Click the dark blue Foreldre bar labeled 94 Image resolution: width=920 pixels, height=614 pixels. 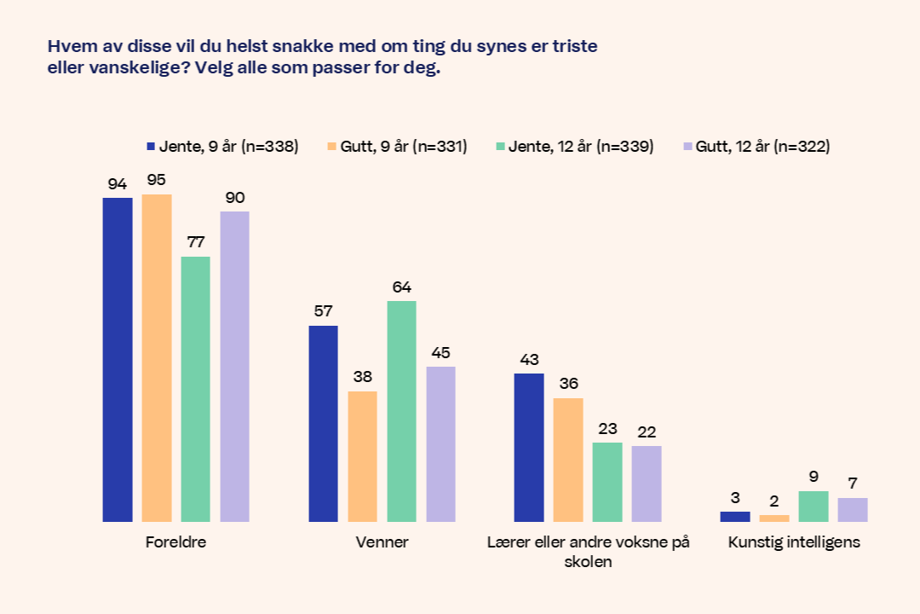click(x=118, y=359)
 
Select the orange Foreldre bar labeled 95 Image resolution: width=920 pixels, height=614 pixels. click(x=157, y=357)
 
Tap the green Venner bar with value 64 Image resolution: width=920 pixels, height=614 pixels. click(x=401, y=410)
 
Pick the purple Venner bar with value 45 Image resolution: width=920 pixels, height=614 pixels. click(x=440, y=443)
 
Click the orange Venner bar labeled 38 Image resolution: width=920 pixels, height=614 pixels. click(x=363, y=456)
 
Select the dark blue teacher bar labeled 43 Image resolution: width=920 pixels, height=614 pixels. click(x=529, y=447)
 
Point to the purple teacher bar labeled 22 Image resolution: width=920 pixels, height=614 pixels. click(x=647, y=483)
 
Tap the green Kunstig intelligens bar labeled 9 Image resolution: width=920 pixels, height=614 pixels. click(x=813, y=506)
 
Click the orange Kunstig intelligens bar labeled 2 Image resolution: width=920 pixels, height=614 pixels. click(x=773, y=518)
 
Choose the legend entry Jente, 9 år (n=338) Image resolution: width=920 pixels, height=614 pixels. click(x=222, y=147)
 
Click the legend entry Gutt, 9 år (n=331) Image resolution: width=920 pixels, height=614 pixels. click(x=397, y=147)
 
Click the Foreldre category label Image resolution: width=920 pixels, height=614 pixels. click(x=176, y=542)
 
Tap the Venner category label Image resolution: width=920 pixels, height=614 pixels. click(x=382, y=542)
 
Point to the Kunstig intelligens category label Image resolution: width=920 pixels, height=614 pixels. click(x=794, y=542)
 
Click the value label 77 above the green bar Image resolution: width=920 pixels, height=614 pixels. click(x=196, y=242)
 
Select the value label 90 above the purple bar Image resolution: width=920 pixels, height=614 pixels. click(x=235, y=197)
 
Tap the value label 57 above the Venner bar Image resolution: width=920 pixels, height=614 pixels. click(x=323, y=311)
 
